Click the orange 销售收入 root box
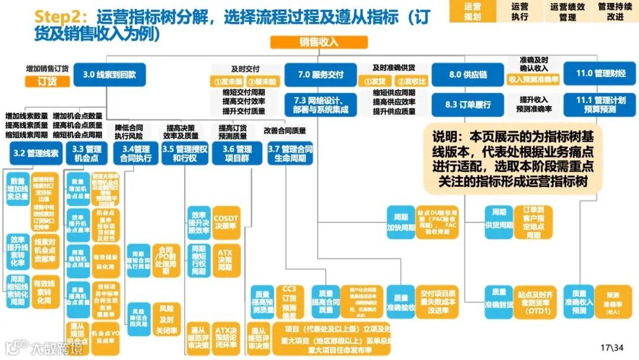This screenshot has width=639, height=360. coord(319,42)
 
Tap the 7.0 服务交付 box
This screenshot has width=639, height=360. coord(320,75)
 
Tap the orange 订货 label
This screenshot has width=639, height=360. coord(47,82)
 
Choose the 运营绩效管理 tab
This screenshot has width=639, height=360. coord(567,11)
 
